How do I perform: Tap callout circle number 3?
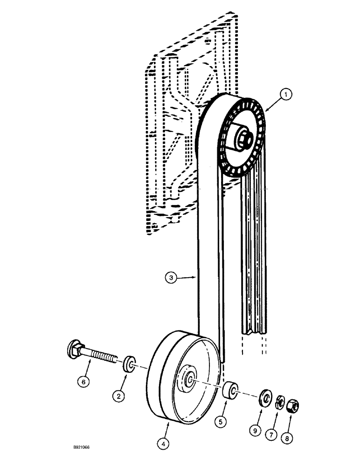point(172,279)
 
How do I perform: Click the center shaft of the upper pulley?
point(245,137)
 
